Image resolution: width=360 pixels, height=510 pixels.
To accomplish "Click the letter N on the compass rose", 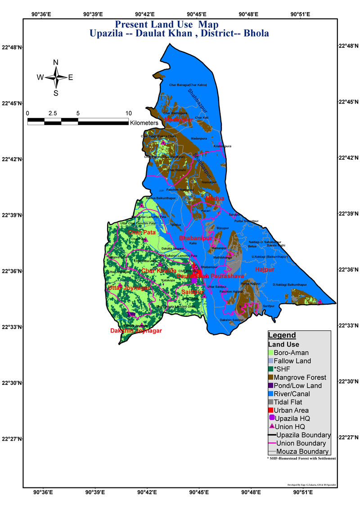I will (x=56, y=63).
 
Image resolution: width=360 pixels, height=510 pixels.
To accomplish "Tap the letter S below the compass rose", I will (x=56, y=93).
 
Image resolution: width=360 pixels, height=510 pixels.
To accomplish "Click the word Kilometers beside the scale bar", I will (x=144, y=122).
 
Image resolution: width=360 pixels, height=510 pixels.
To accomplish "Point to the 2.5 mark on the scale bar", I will (x=52, y=113).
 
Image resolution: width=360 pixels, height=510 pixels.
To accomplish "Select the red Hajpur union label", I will (x=265, y=269).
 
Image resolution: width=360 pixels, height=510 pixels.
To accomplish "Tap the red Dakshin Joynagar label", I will (x=136, y=330).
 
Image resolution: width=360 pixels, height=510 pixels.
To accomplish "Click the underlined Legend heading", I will (x=282, y=335).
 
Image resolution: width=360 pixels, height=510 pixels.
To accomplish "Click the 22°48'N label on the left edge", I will (x=12, y=47).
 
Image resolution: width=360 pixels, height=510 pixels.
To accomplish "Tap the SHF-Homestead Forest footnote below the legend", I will (x=301, y=458).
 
